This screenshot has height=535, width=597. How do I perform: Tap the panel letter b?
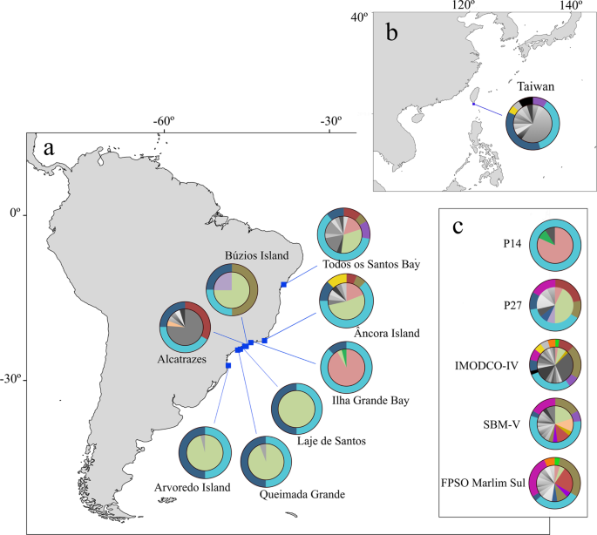(393, 34)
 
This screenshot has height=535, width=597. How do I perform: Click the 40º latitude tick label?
(359, 17)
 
